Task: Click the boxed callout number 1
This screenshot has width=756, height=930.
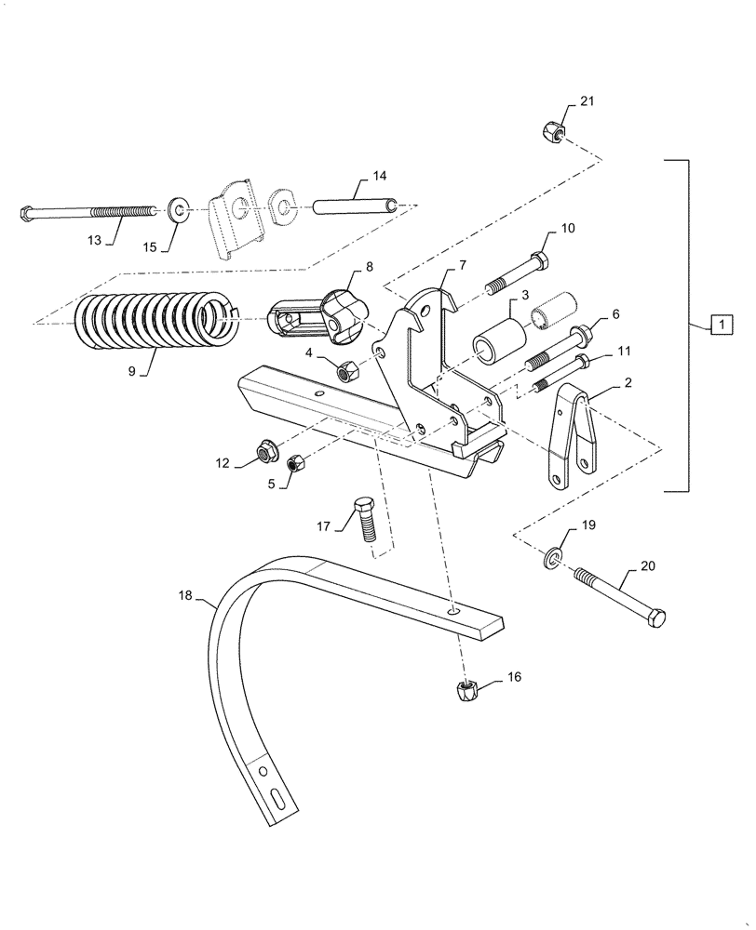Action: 721,325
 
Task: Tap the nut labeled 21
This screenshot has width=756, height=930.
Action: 549,132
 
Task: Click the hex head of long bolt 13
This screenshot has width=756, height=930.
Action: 26,213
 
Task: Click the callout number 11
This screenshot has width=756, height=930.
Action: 623,352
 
